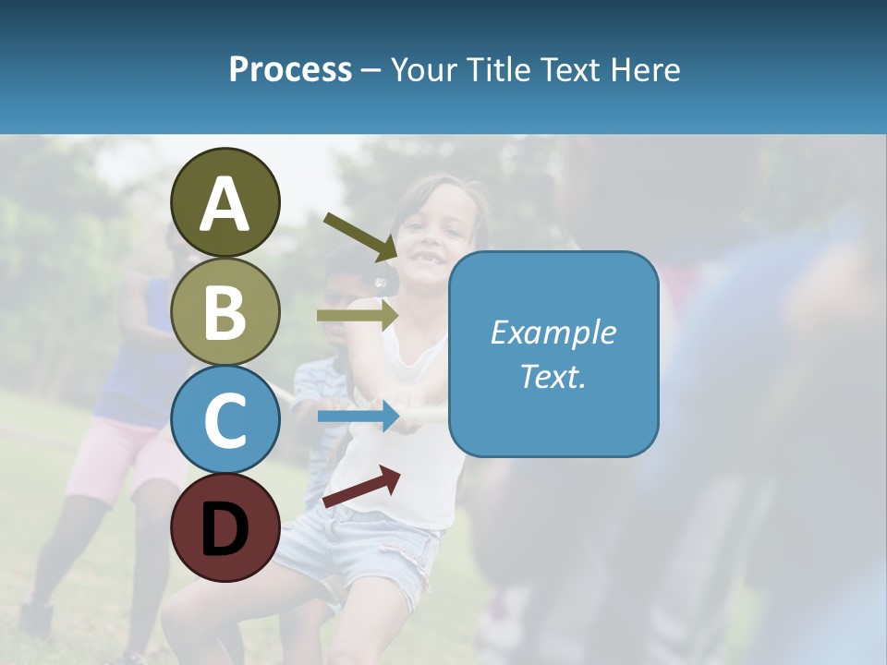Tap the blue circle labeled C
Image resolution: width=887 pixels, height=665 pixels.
coord(225,420)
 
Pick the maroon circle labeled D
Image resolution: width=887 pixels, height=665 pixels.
coord(225,528)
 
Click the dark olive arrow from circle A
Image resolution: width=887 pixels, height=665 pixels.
coord(360,236)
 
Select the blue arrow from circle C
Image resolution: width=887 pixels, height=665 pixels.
coord(358,417)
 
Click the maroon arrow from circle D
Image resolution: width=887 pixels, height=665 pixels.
coord(361,487)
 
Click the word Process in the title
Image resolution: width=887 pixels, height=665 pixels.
coord(290,69)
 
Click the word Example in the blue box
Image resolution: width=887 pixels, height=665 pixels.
coord(553,332)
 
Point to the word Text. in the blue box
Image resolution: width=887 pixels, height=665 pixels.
coord(553,376)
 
